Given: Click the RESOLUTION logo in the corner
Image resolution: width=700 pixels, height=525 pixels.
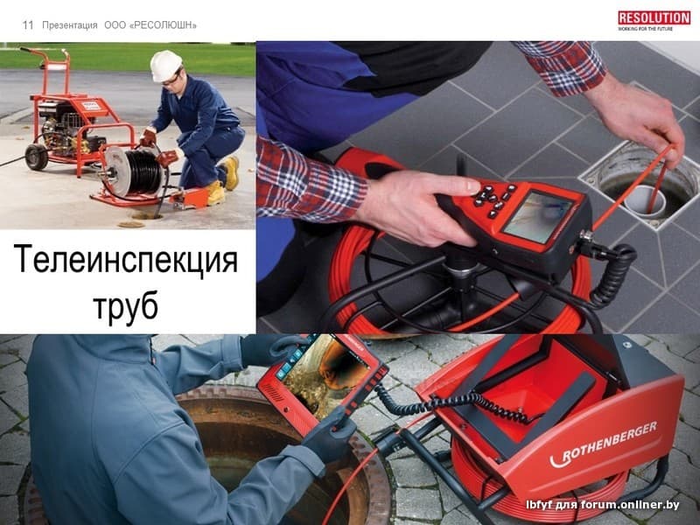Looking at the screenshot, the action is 654,20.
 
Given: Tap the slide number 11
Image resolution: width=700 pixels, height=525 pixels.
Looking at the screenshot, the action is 28,25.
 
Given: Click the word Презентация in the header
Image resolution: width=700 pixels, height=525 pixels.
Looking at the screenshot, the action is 70,25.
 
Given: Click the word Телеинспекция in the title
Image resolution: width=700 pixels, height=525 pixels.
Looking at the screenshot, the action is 126,260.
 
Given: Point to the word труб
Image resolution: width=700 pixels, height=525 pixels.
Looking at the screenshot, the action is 125,305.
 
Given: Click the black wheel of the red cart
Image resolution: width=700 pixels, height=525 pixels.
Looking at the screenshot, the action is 37,157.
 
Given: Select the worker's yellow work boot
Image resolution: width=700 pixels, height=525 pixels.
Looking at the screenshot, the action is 231,172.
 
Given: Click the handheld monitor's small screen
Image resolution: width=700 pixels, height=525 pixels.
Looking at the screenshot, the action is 537,216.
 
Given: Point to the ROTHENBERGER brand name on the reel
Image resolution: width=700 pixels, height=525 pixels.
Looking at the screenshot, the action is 603,445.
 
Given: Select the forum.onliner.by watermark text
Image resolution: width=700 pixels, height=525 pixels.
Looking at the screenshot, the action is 602,505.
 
